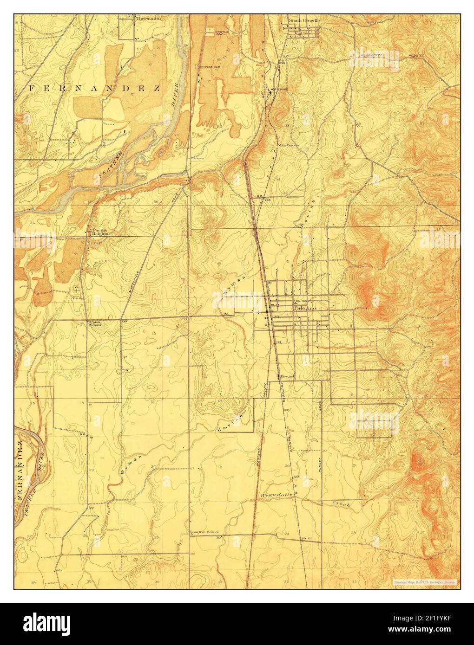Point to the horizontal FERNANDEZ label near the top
pos(95,88)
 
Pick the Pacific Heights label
pos(99,232)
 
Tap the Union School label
pos(95,323)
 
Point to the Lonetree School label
pos(204,532)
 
